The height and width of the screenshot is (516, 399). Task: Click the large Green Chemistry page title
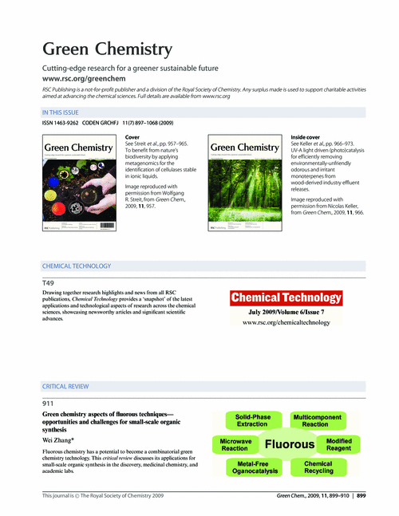point(106,49)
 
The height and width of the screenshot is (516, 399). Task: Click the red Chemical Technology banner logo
point(286,297)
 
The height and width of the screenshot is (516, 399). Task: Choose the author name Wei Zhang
point(58,440)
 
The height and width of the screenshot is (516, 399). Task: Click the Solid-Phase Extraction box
point(252,420)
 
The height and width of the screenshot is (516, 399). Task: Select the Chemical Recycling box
point(318,467)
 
